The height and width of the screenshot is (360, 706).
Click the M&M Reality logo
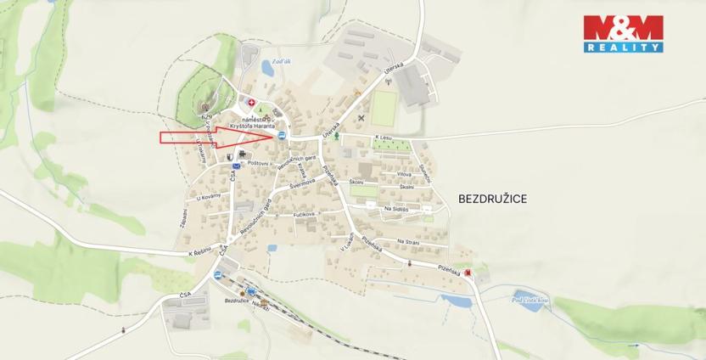[623, 34]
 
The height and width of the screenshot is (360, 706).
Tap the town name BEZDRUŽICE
[493, 198]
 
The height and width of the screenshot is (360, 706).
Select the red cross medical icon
[250, 103]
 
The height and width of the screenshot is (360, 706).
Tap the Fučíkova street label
[303, 215]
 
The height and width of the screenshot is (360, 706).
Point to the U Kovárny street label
[208, 196]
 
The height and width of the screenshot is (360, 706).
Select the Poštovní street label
[258, 163]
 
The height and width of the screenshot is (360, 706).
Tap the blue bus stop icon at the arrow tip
[280, 135]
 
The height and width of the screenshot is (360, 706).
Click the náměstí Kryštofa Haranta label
[266, 125]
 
